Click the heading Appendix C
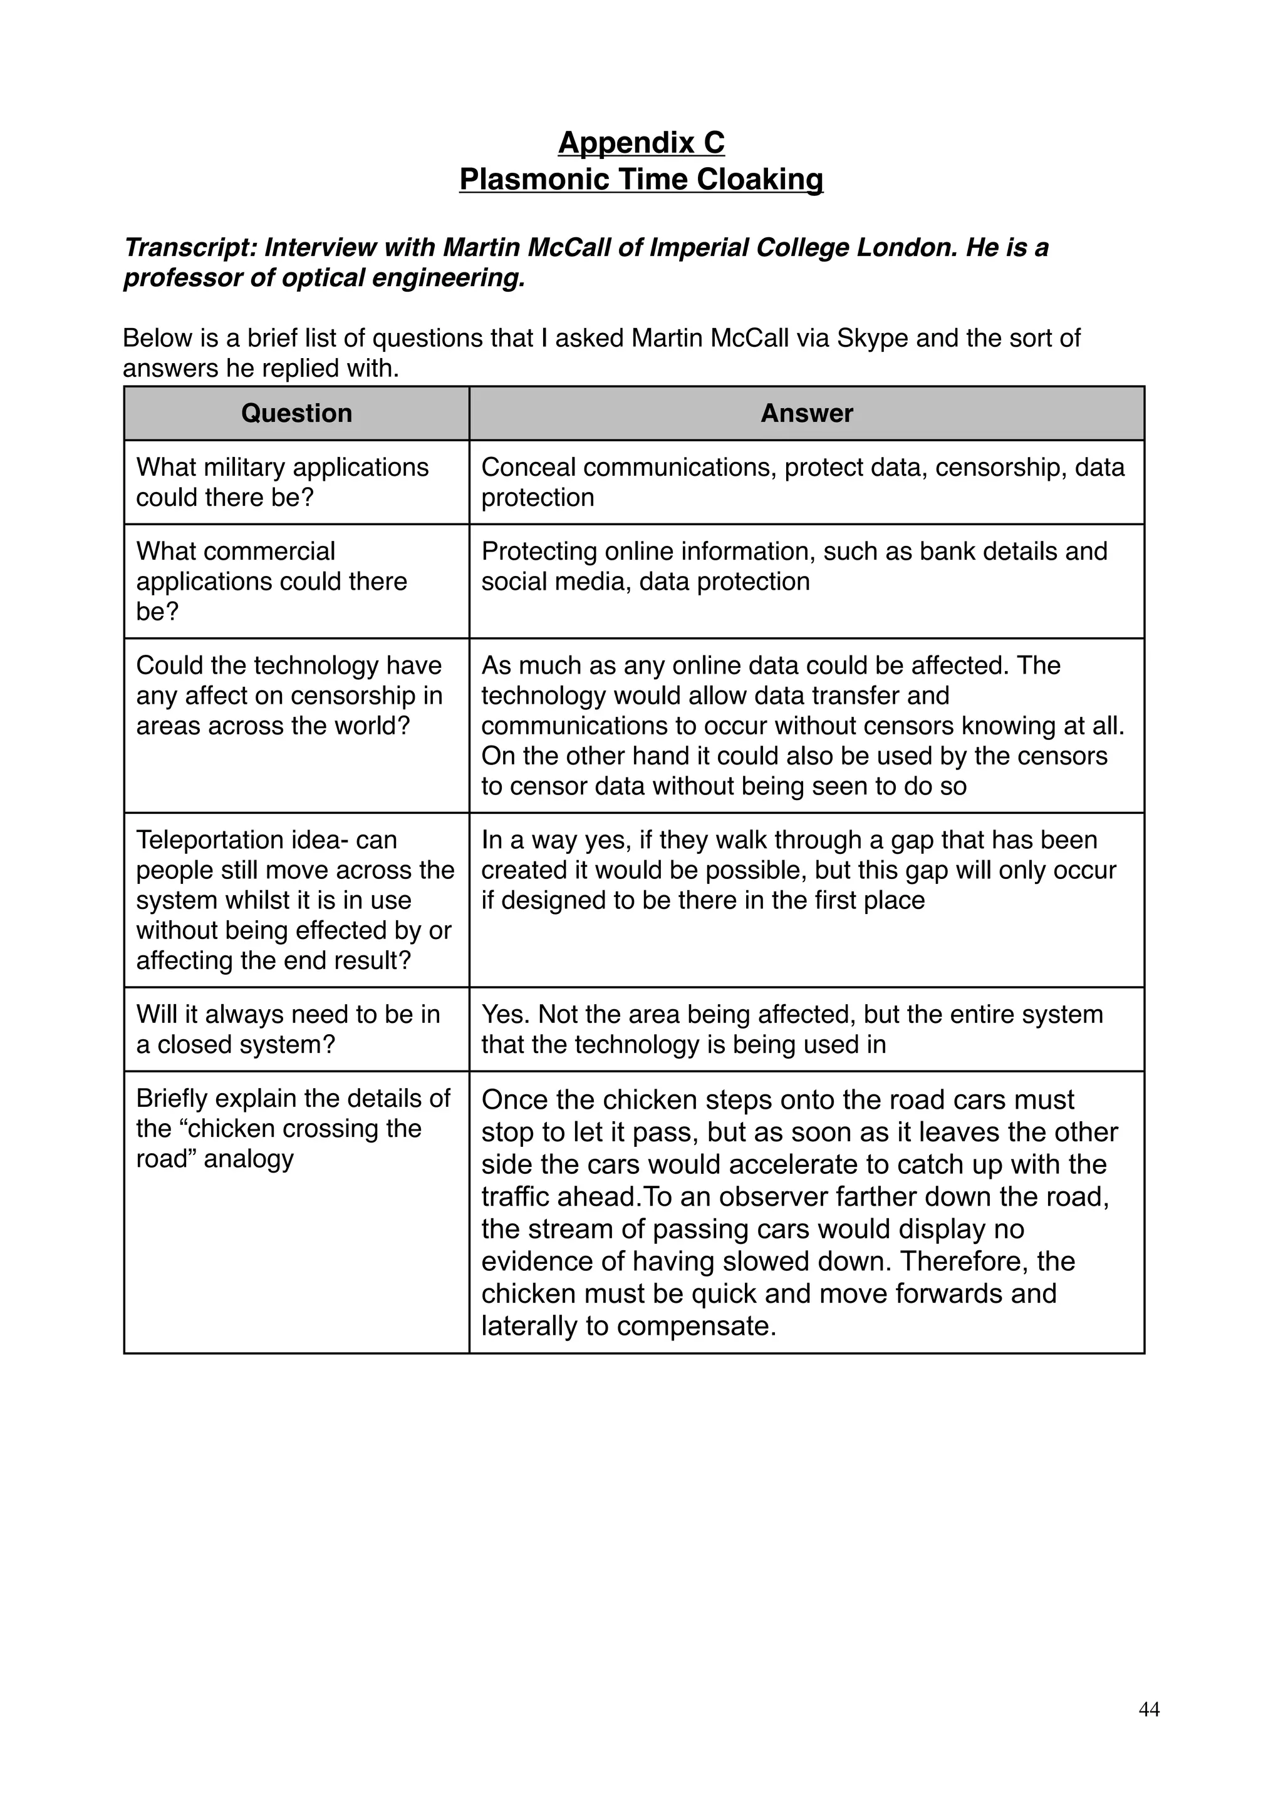click(x=641, y=143)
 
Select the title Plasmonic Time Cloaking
click(x=641, y=179)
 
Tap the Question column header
click(x=296, y=413)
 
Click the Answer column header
click(x=807, y=413)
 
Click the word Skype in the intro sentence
click(x=871, y=338)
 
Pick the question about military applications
click(x=282, y=481)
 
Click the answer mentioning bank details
click(x=794, y=566)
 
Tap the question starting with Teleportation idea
click(x=294, y=900)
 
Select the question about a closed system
click(x=288, y=1029)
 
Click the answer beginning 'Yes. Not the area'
click(x=792, y=1029)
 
